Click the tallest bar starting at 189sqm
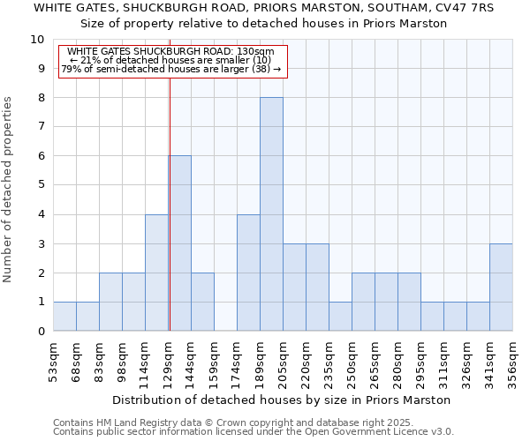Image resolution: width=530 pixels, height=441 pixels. pyautogui.click(x=271, y=214)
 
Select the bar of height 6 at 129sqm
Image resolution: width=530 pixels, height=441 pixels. pyautogui.click(x=180, y=243)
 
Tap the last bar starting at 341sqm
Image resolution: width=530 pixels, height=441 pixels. pyautogui.click(x=501, y=288)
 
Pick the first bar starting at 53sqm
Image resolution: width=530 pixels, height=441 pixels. pyautogui.click(x=64, y=317)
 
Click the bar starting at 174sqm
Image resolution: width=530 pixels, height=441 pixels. pyautogui.click(x=248, y=273)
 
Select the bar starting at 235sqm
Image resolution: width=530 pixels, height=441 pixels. pyautogui.click(x=340, y=317)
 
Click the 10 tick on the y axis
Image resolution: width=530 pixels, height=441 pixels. pyautogui.click(x=37, y=40)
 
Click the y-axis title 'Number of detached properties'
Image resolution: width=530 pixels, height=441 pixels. pyautogui.click(x=8, y=191)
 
